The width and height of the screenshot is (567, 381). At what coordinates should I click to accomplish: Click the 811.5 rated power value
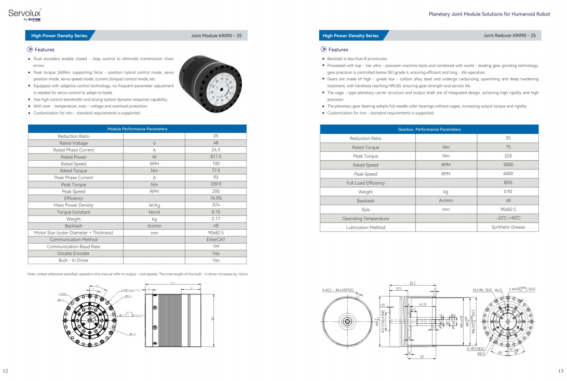[x=215, y=157]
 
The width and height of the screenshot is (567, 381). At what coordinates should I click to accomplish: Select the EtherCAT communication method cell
[x=215, y=239]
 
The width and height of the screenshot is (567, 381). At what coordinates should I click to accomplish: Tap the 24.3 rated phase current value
[x=215, y=150]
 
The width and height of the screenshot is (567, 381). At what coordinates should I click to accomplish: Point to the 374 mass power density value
[x=215, y=205]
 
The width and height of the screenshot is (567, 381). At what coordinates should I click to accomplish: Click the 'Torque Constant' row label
[x=74, y=212]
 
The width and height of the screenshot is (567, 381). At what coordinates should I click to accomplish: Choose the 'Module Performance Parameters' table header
[x=137, y=129]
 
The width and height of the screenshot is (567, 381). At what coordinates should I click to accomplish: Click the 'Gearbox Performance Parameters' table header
[x=429, y=129]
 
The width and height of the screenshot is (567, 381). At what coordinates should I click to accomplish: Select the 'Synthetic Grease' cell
[x=508, y=227]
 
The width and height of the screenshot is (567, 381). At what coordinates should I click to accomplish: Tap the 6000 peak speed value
[x=508, y=174]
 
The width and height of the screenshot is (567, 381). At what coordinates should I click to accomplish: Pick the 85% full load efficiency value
[x=508, y=182]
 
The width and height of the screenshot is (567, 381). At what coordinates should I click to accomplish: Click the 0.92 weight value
[x=508, y=191]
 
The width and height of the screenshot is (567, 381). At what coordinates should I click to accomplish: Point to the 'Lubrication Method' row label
[x=366, y=228]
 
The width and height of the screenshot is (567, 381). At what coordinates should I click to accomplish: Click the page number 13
[x=560, y=371]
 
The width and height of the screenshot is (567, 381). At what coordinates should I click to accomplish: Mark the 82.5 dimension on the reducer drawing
[x=412, y=284]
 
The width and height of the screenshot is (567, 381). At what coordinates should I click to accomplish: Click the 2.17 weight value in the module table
[x=215, y=219]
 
